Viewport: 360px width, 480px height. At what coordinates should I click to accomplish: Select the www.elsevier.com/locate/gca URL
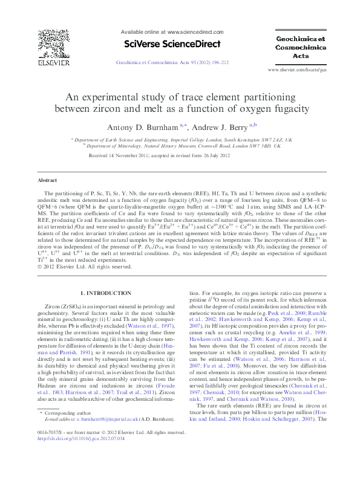coord(301,70)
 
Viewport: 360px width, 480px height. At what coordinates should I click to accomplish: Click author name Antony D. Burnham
coord(143,127)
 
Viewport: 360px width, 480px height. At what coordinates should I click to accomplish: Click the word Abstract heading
coord(47,180)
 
